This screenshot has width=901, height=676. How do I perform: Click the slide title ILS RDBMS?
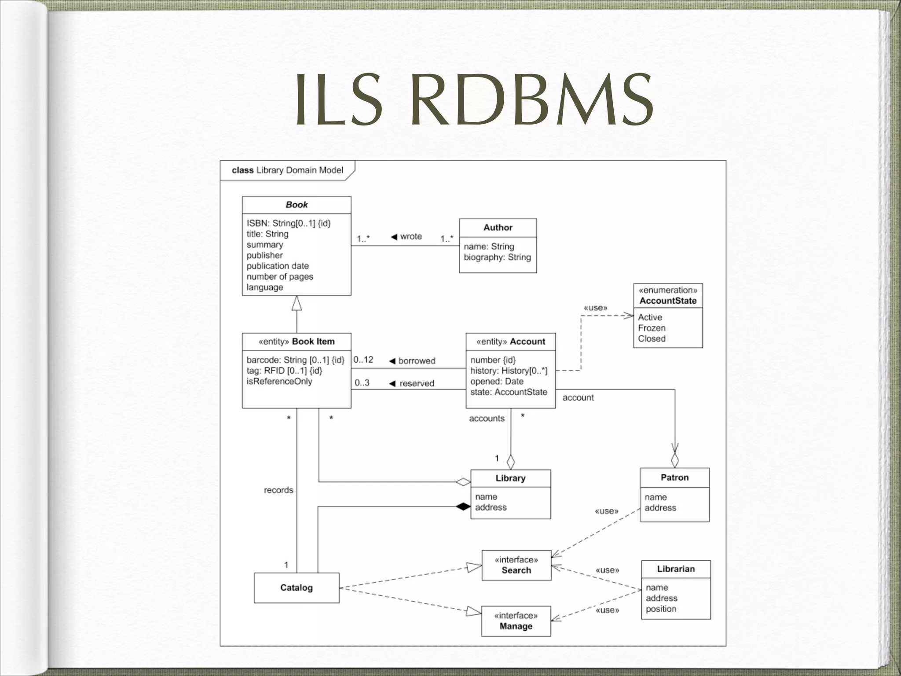click(474, 100)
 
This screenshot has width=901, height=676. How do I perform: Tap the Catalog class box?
click(297, 588)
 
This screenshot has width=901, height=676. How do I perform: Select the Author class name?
click(498, 228)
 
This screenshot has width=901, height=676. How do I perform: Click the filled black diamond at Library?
click(463, 507)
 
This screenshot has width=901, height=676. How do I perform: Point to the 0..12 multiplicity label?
click(363, 360)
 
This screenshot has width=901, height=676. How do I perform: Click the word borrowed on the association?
click(417, 361)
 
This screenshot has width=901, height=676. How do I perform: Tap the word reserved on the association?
click(416, 383)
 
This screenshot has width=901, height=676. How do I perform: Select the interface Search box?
click(516, 565)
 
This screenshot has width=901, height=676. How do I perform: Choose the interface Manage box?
click(516, 621)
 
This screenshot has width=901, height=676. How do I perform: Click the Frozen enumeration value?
click(652, 328)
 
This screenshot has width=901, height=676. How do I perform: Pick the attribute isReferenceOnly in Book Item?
click(279, 381)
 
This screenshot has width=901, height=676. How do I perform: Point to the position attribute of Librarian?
click(661, 609)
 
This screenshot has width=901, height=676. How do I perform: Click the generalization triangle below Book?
click(297, 303)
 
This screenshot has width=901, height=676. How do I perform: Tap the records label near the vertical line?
click(278, 490)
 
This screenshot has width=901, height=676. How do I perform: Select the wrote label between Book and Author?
click(411, 236)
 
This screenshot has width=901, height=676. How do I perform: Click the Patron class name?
click(674, 478)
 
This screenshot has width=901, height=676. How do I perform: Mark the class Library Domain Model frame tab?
click(287, 170)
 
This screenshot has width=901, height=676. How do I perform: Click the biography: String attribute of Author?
click(497, 257)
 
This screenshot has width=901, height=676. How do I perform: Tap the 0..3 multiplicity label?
click(362, 383)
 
